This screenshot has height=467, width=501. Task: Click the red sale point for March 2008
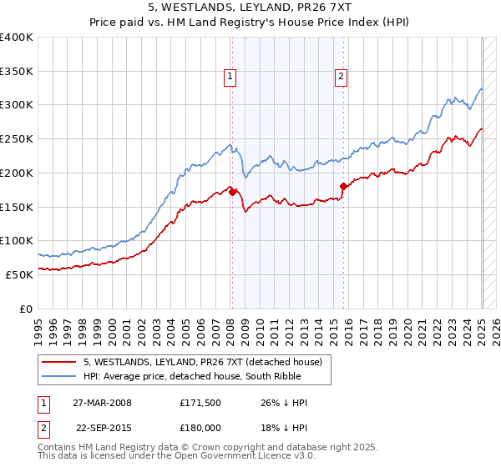232,192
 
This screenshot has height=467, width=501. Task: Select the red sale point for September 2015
343,186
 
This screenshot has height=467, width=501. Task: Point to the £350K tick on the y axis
17,72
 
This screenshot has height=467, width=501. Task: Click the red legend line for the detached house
58,361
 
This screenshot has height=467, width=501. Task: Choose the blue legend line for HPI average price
58,376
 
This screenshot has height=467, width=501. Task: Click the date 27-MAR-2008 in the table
101,403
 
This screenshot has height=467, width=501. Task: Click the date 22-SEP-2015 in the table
101,427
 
